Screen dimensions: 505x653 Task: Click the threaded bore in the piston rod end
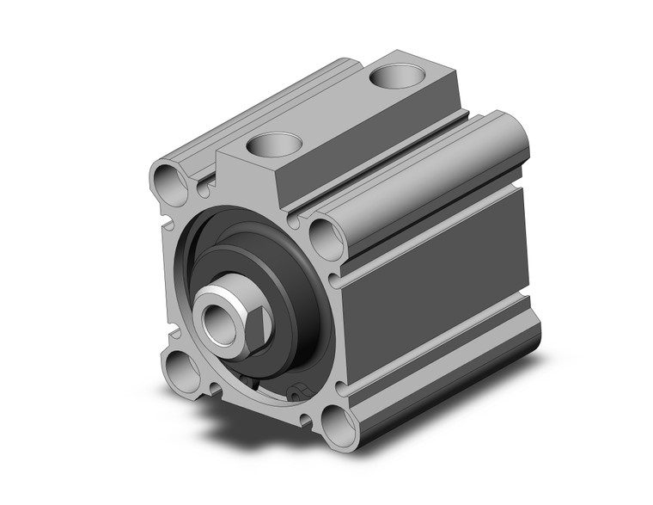coord(213,315)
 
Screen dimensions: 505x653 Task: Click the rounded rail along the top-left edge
coord(258,112)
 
